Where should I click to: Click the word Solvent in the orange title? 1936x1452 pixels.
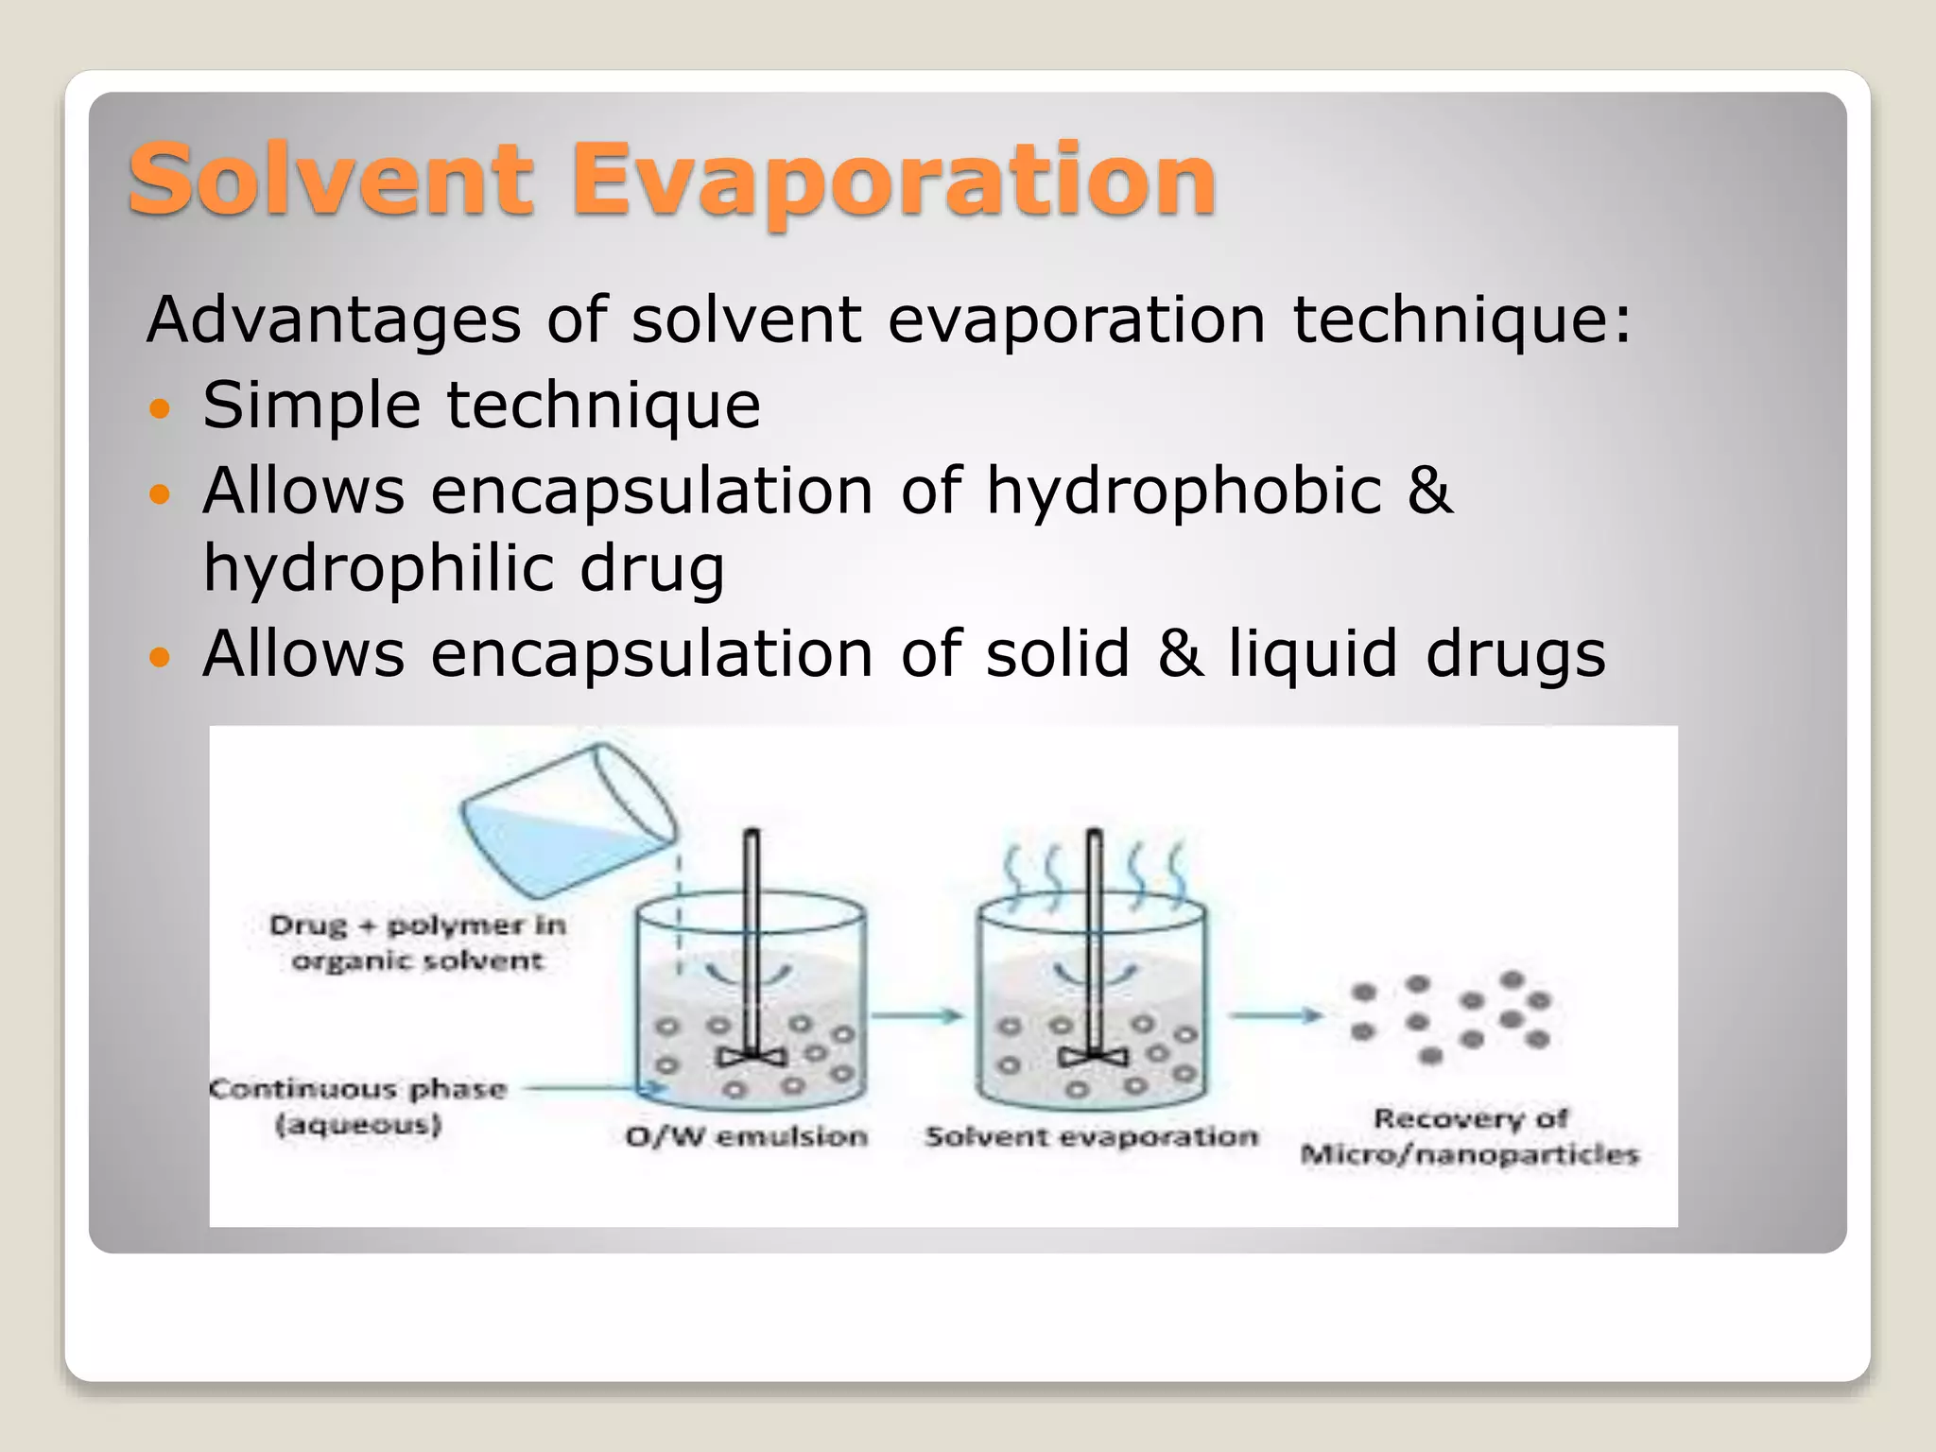coord(330,180)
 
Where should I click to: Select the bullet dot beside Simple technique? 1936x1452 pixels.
coord(162,408)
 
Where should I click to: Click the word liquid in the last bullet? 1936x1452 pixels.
coord(1313,654)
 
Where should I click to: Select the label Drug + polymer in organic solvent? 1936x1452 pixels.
coord(417,942)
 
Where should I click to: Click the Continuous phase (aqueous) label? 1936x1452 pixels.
coord(358,1106)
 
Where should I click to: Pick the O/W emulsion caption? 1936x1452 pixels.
coord(747,1136)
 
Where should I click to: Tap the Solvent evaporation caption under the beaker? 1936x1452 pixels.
coord(1092,1136)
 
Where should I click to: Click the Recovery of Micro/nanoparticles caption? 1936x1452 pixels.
coord(1470,1136)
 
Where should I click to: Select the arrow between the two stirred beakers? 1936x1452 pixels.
coord(916,1016)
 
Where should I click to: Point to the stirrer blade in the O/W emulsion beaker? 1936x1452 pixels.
coord(752,1057)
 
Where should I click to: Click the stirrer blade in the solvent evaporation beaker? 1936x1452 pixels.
coord(1094,1057)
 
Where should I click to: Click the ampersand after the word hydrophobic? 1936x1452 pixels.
coord(1429,493)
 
